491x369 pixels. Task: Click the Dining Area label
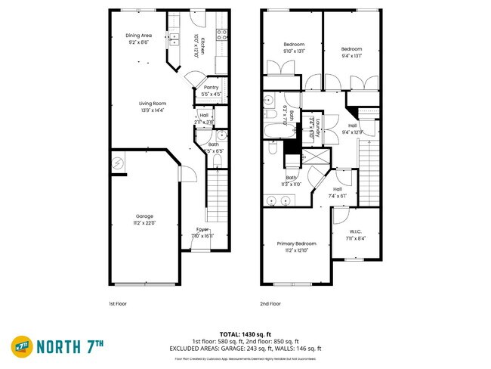coord(138,35)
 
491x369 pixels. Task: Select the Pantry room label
coord(211,87)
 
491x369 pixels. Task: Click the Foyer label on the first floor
coord(202,228)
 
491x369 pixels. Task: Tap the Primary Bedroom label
coord(296,243)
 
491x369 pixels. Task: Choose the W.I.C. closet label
coord(356,231)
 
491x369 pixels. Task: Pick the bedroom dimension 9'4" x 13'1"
coord(351,55)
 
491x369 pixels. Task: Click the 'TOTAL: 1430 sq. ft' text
coord(246,333)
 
